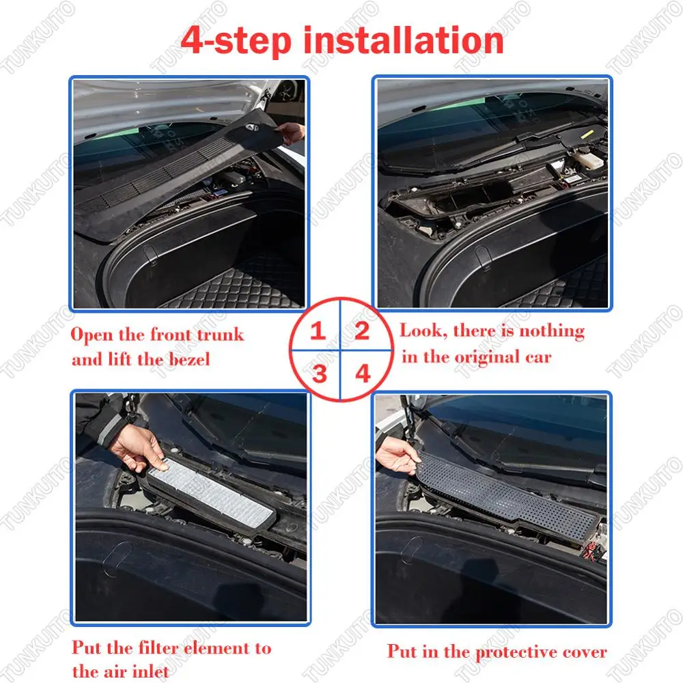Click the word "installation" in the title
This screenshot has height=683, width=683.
pyautogui.click(x=404, y=40)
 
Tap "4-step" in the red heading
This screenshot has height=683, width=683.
pyautogui.click(x=236, y=41)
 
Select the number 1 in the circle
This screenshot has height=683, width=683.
pyautogui.click(x=318, y=331)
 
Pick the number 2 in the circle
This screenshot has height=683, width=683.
pyautogui.click(x=362, y=331)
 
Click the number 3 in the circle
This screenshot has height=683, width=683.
pyautogui.click(x=319, y=374)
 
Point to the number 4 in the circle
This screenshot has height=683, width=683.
pyautogui.click(x=363, y=374)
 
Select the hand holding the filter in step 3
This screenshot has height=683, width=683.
pyautogui.click(x=138, y=449)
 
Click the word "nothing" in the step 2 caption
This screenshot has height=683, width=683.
pyautogui.click(x=552, y=331)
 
